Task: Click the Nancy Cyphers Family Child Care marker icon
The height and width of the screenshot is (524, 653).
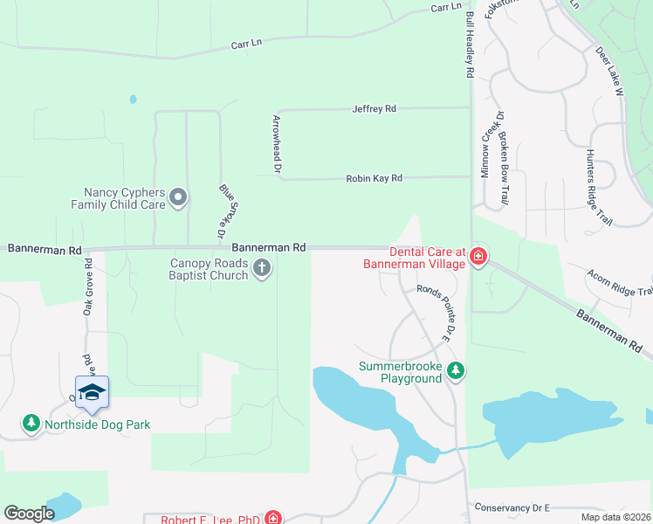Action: [178, 197]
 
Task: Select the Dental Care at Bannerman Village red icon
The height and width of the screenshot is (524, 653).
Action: [478, 256]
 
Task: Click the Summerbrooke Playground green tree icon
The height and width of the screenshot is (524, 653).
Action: [455, 371]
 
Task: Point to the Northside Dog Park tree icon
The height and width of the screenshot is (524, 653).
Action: [31, 424]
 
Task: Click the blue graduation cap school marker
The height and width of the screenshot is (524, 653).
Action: [92, 393]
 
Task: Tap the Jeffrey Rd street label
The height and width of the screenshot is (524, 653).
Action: [374, 109]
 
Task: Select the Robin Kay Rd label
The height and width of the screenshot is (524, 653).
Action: [374, 178]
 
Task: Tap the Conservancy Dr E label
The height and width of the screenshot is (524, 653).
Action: [511, 507]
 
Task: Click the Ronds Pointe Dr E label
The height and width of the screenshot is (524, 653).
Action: [436, 313]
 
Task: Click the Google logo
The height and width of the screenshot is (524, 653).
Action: [29, 514]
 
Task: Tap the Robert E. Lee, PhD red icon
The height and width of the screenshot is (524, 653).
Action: [273, 518]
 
